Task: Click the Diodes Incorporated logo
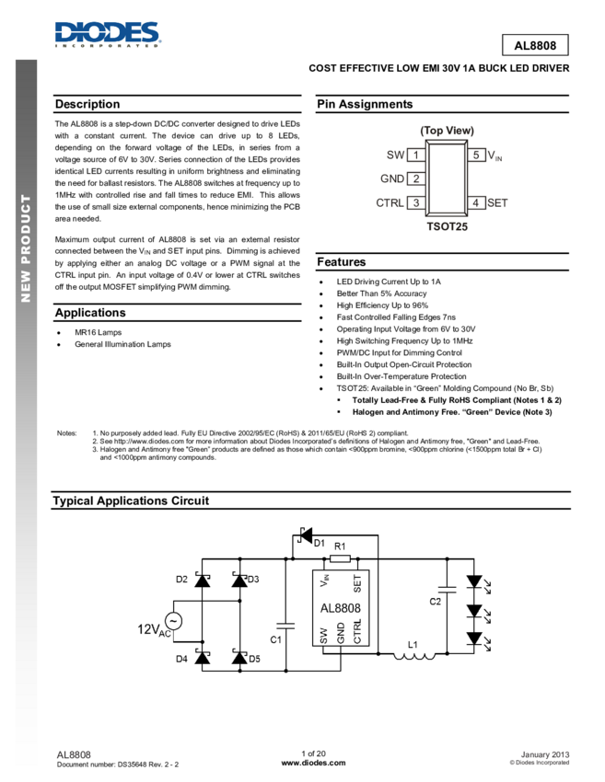pos(108,34)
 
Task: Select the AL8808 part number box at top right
pos(534,45)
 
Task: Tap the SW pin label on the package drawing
pos(395,155)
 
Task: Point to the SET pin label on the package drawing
pos(497,202)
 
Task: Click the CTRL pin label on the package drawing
pos(390,202)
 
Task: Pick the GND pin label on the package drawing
pos(393,178)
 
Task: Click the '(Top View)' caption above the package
pos(447,131)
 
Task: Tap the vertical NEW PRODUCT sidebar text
pos(26,248)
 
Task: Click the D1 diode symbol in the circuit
pos(305,535)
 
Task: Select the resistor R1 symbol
pos(339,558)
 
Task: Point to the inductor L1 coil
pos(413,654)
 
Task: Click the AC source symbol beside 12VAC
pos(171,621)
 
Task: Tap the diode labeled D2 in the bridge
pos(202,581)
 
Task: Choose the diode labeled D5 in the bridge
pos(239,658)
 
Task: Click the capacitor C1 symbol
pos(286,623)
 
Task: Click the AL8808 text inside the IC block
pos(340,608)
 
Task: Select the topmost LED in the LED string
pos(474,582)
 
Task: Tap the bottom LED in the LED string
pos(474,638)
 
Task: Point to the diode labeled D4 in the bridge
pos(202,658)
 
